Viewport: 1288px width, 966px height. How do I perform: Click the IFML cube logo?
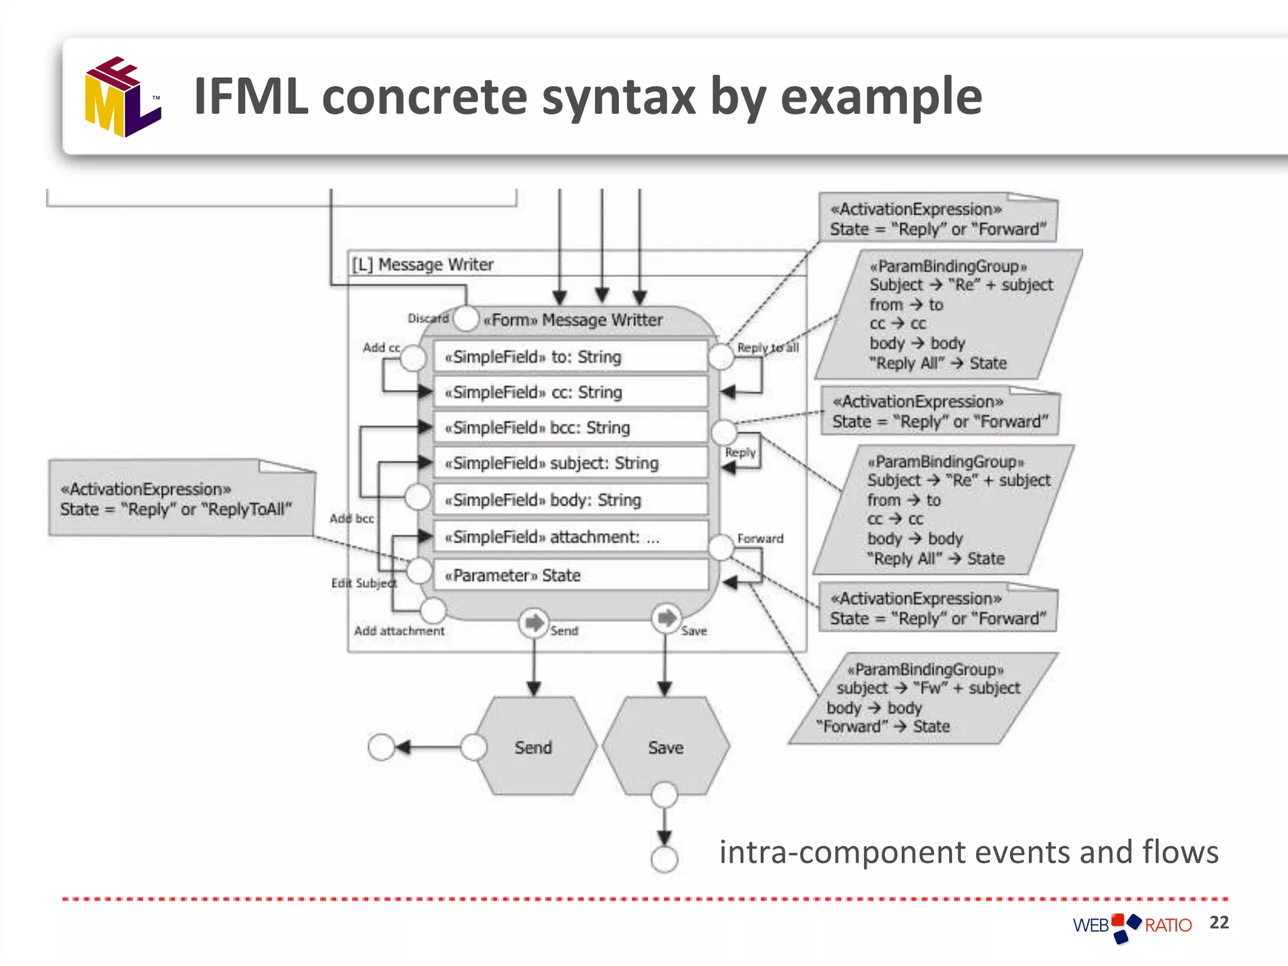[x=123, y=97]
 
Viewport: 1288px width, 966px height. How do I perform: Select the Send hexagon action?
[x=533, y=747]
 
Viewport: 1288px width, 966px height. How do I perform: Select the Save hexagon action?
[x=665, y=747]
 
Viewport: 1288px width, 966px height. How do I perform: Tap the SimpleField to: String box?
[x=570, y=357]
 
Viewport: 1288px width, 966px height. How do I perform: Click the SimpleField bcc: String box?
[x=570, y=428]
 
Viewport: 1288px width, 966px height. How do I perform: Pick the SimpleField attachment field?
[x=570, y=537]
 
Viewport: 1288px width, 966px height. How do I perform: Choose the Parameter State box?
[x=570, y=575]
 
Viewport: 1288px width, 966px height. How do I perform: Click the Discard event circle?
[x=466, y=318]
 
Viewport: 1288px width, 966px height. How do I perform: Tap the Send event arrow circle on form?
[x=534, y=623]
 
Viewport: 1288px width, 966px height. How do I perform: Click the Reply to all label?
[x=767, y=347]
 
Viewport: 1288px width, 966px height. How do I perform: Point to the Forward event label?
[x=760, y=538]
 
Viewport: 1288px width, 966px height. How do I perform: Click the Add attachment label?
[x=399, y=630]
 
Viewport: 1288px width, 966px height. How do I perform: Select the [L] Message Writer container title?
[x=423, y=264]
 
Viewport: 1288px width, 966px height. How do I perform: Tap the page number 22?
[x=1219, y=922]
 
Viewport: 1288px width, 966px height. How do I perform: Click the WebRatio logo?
[x=1132, y=926]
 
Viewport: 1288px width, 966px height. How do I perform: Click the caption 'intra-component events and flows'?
[x=969, y=852]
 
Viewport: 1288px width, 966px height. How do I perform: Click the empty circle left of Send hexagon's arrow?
[x=381, y=747]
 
